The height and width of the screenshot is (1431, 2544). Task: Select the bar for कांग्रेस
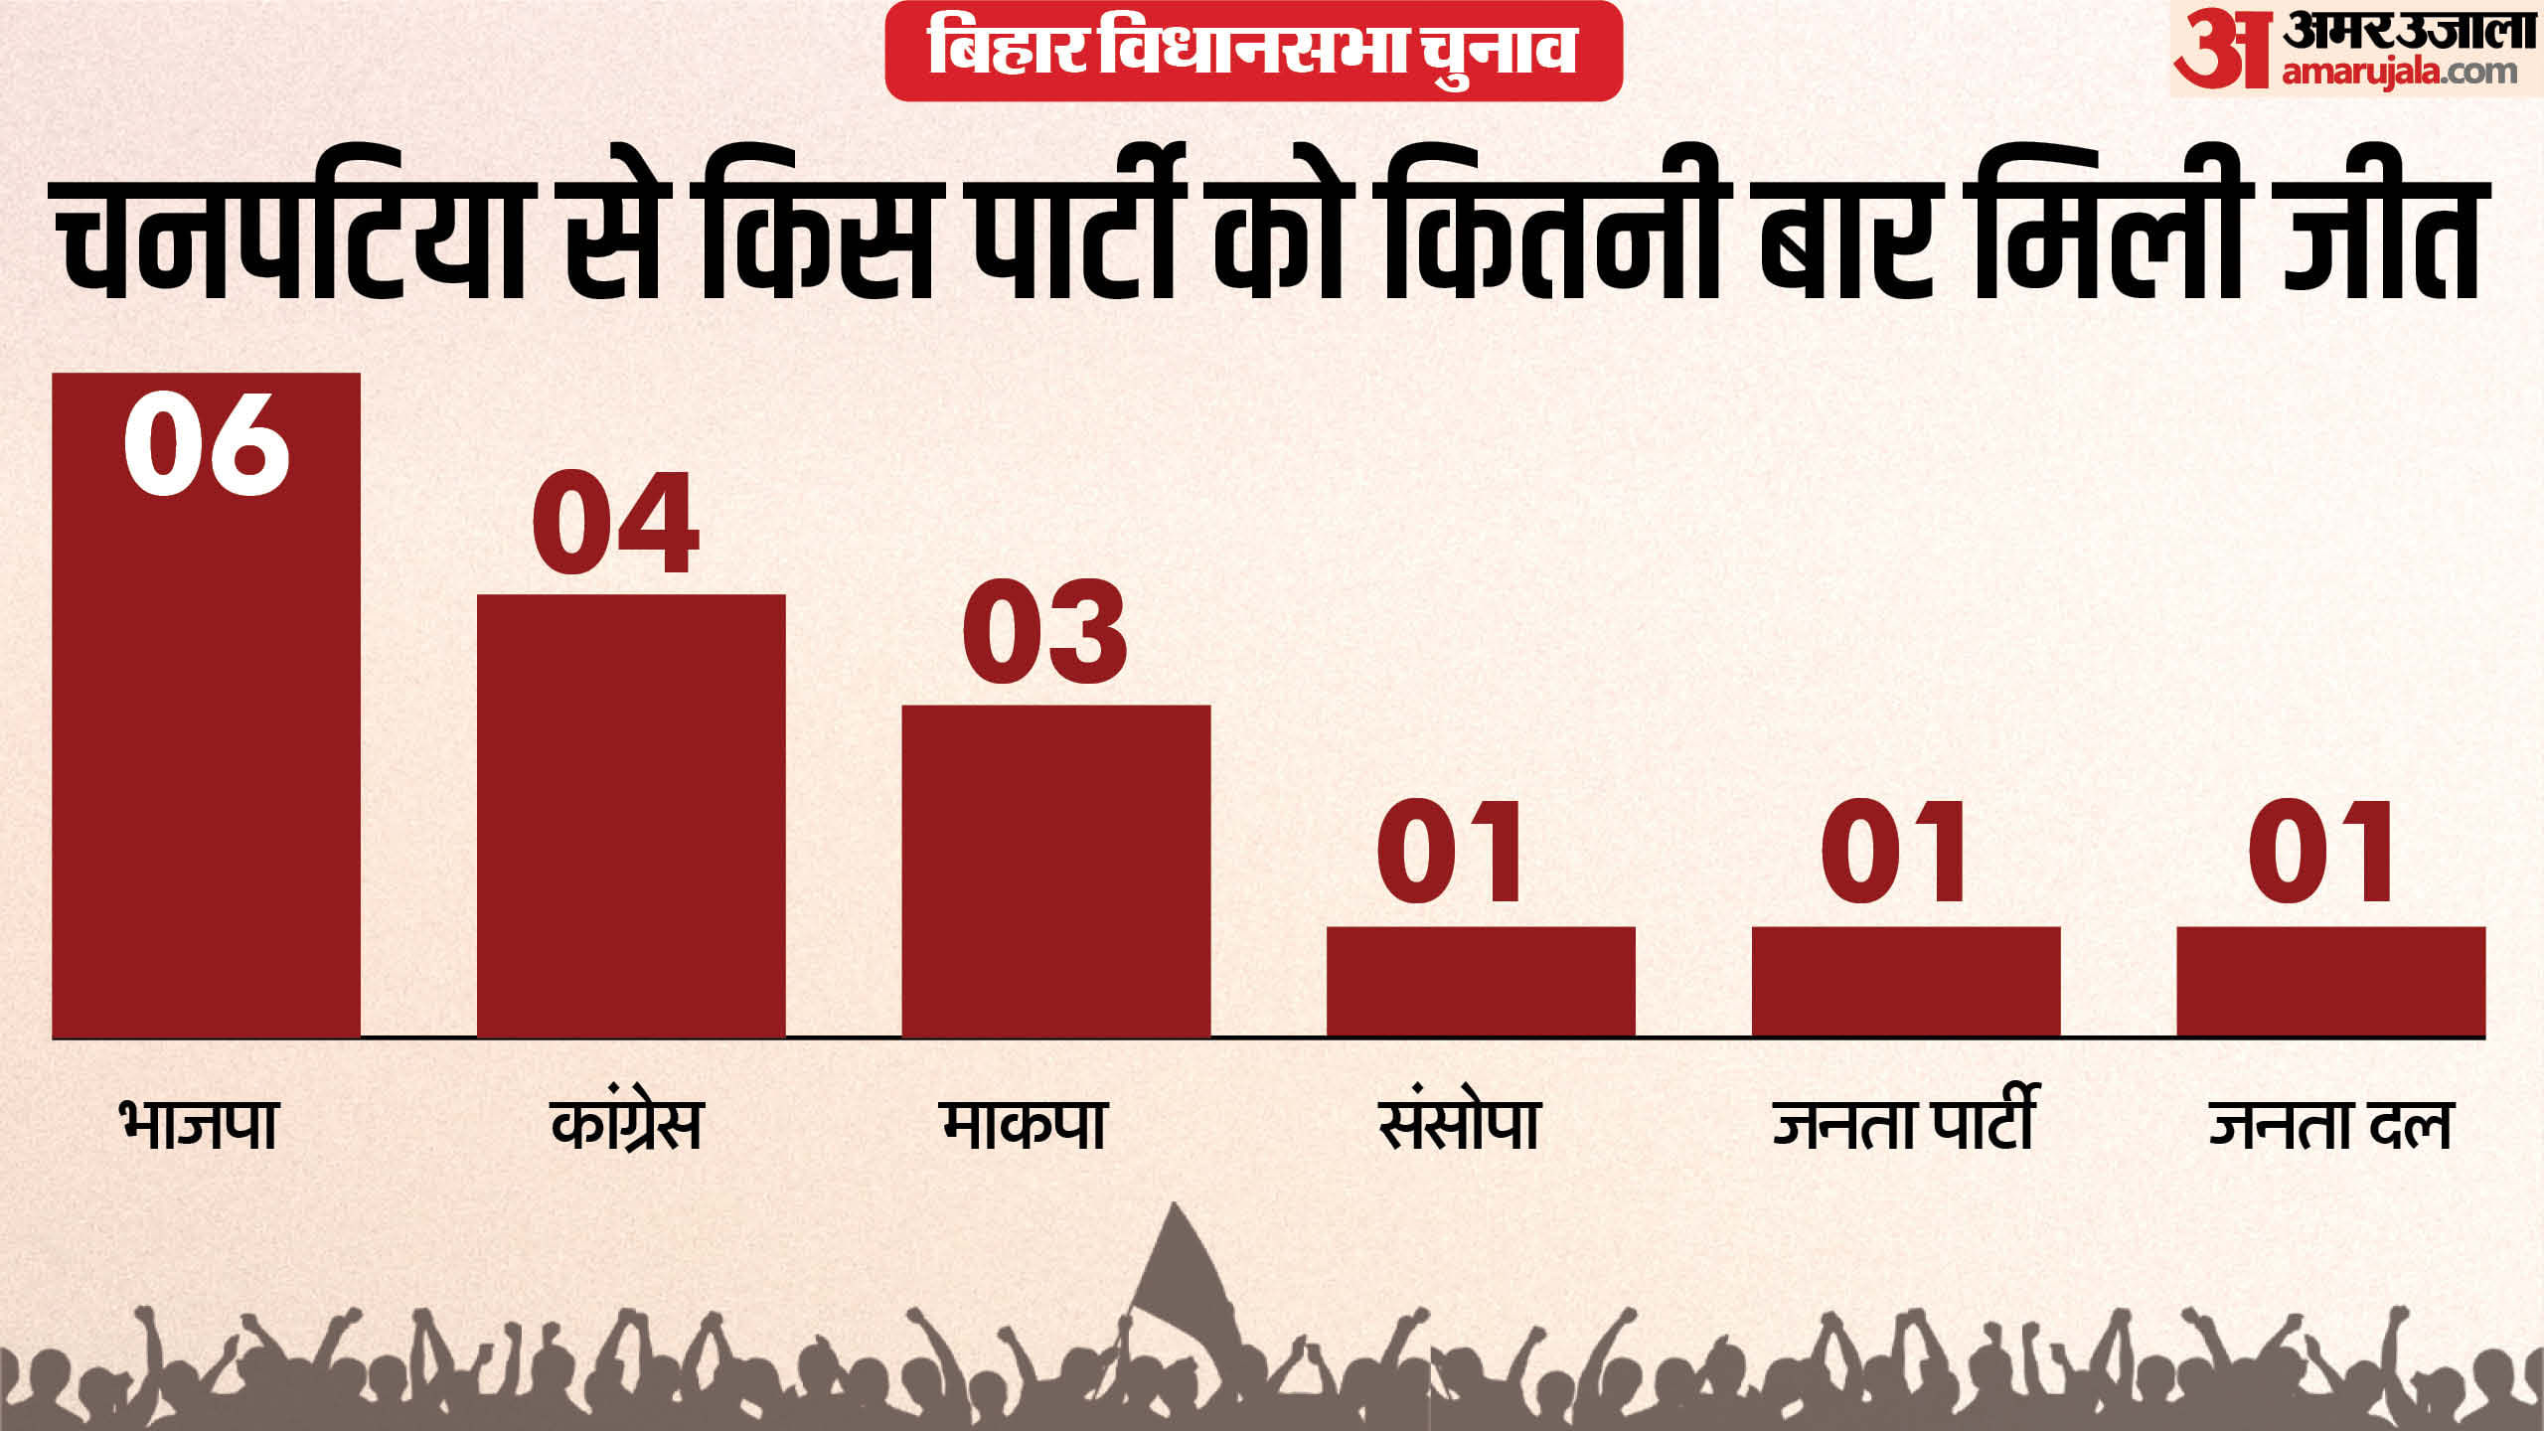[631, 815]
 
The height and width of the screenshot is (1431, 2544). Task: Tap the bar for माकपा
[1055, 871]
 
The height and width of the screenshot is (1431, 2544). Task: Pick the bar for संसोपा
[1481, 981]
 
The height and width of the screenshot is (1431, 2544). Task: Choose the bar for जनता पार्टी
[1906, 981]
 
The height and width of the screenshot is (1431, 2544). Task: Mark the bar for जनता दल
[2330, 981]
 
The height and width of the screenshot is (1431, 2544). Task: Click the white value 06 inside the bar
[207, 444]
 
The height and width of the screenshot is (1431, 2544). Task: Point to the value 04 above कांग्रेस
[616, 523]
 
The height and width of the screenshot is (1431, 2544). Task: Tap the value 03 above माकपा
[1045, 632]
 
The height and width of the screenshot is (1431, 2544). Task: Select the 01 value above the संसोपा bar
[1451, 852]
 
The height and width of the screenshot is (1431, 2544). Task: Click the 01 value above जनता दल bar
[2321, 852]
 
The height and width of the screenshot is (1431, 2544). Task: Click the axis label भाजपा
[199, 1125]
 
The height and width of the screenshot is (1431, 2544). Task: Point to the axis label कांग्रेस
[627, 1125]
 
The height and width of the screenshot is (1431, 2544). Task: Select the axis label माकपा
[1025, 1125]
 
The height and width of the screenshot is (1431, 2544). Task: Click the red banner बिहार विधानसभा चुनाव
[1253, 50]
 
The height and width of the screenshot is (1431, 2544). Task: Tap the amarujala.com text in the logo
[2399, 73]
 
